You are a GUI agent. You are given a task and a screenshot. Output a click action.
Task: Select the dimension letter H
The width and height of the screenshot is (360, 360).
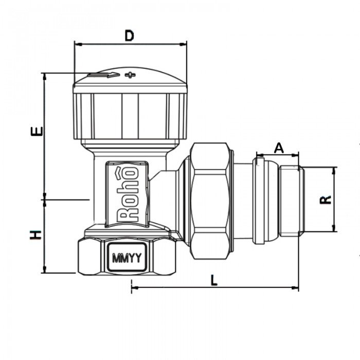tap(35, 236)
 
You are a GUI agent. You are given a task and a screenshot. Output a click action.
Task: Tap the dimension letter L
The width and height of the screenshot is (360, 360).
tap(214, 280)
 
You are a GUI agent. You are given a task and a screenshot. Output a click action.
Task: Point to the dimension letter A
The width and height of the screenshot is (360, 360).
tap(278, 148)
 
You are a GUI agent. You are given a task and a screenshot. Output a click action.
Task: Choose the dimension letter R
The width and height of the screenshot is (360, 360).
tap(325, 200)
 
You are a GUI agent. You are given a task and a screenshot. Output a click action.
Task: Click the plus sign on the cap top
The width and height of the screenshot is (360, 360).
tap(131, 76)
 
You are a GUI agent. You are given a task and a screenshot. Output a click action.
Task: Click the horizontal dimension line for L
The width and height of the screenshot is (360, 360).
tap(214, 286)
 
